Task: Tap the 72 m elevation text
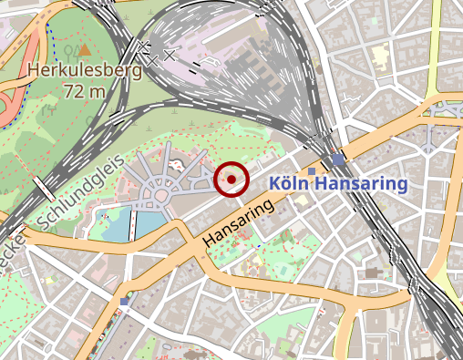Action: tap(86, 90)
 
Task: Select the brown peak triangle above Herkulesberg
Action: tap(85, 50)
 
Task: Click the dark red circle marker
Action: tap(232, 179)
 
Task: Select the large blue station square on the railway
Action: tap(339, 160)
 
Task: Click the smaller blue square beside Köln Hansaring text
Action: tap(312, 171)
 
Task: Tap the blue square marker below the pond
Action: tap(125, 301)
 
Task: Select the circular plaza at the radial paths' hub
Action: tap(162, 193)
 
